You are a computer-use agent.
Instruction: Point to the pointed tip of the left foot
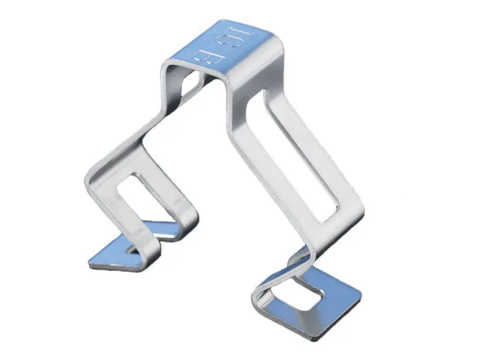pyautogui.click(x=91, y=263)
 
